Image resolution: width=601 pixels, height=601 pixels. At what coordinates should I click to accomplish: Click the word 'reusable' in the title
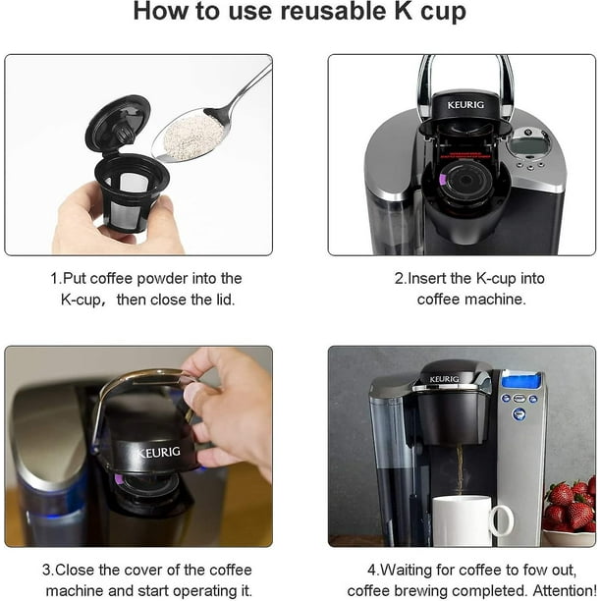(333, 11)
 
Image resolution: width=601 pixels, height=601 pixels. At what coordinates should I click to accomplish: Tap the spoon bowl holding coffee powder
(191, 137)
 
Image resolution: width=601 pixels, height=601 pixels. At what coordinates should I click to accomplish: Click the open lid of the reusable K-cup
(118, 124)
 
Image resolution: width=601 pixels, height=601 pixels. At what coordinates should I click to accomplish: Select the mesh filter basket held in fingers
(131, 192)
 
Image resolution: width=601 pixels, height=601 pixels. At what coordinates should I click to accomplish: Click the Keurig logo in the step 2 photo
(465, 105)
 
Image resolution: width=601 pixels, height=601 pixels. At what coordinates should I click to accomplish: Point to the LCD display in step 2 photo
(527, 145)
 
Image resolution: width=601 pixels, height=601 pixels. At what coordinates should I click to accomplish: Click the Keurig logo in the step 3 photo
(158, 453)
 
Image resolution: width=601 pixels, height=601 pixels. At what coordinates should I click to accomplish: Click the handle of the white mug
(502, 520)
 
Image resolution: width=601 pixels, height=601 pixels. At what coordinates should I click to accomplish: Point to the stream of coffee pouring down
(460, 471)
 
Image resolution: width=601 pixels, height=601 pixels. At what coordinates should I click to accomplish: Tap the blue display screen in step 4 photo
(521, 381)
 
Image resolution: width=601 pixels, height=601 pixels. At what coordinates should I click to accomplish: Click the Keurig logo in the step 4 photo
(444, 379)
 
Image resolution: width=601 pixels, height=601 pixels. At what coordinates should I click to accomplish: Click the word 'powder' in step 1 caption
(162, 279)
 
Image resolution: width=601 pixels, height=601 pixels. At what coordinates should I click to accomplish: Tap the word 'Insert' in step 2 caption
(427, 278)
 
